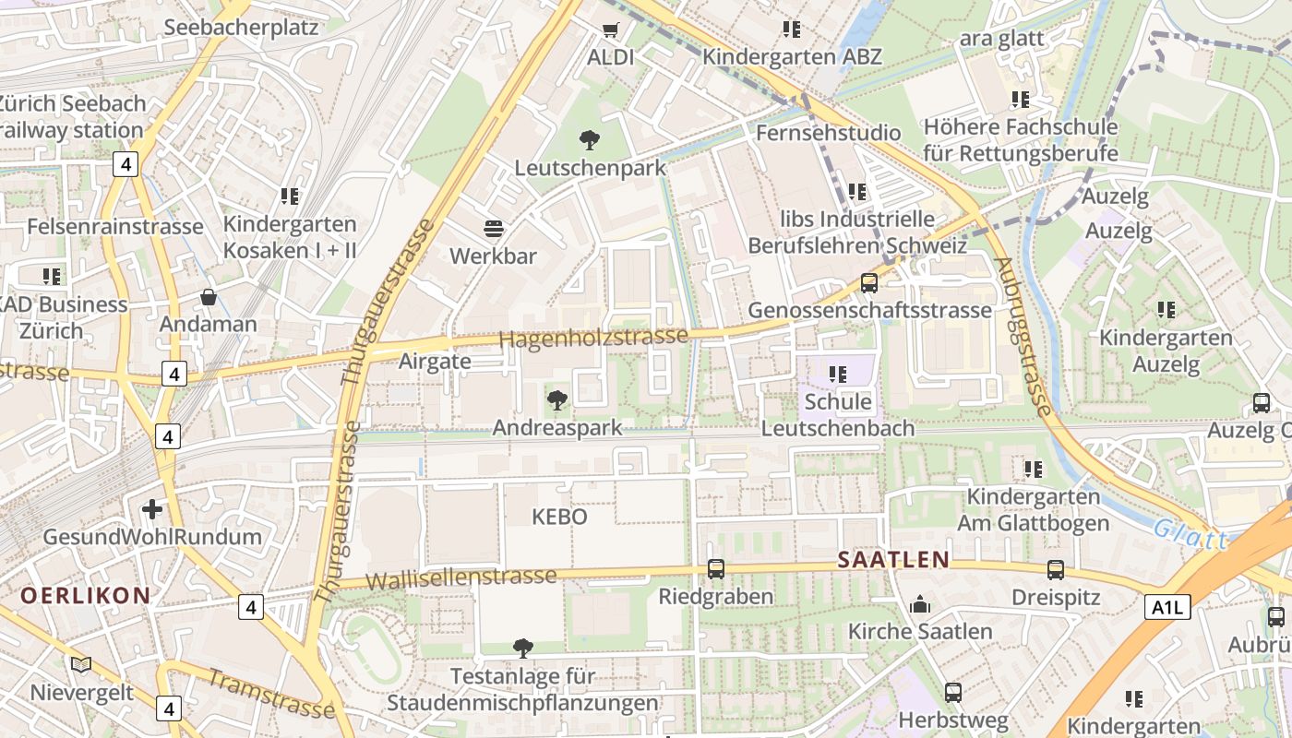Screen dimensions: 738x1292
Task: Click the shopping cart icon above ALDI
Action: click(609, 30)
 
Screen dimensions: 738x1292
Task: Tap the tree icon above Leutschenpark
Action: click(589, 140)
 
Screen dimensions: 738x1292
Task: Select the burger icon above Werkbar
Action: click(494, 228)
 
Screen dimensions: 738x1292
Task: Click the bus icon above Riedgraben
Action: click(715, 569)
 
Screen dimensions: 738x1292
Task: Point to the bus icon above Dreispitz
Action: click(1056, 570)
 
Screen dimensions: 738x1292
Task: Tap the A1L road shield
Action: click(1168, 607)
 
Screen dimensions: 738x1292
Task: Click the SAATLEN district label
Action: click(894, 559)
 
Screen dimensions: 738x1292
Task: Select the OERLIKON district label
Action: click(85, 595)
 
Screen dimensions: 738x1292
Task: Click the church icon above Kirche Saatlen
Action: click(919, 605)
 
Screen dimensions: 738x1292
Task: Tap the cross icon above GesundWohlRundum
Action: click(152, 509)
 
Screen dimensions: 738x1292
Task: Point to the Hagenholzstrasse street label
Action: click(593, 338)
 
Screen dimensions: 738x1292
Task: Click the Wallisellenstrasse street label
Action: click(461, 578)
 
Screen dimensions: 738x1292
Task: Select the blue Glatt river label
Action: click(1190, 534)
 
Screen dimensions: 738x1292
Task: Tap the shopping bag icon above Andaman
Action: click(209, 297)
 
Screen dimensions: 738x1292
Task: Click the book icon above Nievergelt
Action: click(81, 664)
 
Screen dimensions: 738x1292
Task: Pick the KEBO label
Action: click(559, 517)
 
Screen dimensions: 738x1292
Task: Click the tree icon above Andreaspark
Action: click(556, 399)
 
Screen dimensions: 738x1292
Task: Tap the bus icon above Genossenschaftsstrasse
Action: click(868, 283)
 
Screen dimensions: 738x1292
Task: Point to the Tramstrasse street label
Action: click(269, 694)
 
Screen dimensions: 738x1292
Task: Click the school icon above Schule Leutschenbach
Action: click(838, 375)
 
